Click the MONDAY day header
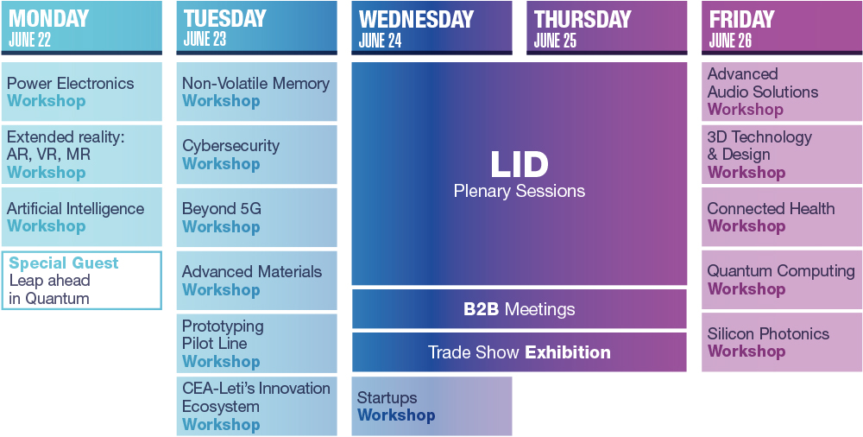coord(49,18)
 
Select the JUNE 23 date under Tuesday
coord(205,40)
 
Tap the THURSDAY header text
coord(583,19)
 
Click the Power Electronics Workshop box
coord(81,92)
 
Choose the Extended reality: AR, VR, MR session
coord(81,155)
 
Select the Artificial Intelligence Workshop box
coord(81,217)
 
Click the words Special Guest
coord(64,263)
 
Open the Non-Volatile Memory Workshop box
coord(256,92)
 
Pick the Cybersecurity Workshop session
coord(256,155)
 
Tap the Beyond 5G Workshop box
coord(256,218)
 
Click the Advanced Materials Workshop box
coord(256,281)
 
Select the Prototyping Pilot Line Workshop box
coord(256,343)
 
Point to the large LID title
coord(520,164)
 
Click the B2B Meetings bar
coord(520,309)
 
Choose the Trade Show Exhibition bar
coord(520,352)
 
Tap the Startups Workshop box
coord(431,406)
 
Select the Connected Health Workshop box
coord(781,217)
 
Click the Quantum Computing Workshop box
coord(781,280)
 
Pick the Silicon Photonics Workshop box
coord(781,342)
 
